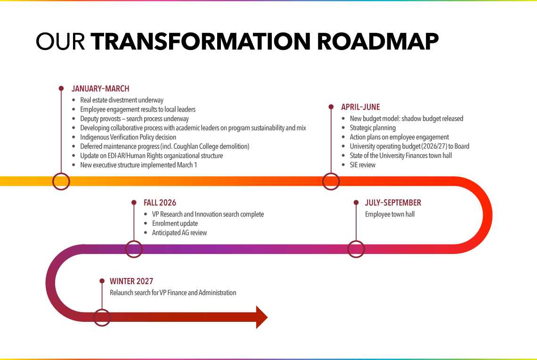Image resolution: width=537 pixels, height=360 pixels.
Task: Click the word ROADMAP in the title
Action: (x=378, y=41)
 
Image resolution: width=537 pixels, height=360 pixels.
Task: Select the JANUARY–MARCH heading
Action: (x=100, y=89)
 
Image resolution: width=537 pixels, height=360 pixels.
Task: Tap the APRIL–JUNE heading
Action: (x=360, y=107)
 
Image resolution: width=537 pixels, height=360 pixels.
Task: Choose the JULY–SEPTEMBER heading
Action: (x=393, y=203)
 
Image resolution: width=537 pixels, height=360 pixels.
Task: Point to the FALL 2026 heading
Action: (x=160, y=203)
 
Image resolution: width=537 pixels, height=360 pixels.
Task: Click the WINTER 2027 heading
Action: (x=131, y=281)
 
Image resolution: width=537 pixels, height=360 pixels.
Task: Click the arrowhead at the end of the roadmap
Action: (x=261, y=317)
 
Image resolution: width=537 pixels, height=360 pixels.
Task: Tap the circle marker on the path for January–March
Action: (x=61, y=181)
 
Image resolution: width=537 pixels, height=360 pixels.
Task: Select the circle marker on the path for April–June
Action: (x=331, y=181)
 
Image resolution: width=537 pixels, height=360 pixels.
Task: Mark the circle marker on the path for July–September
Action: (x=356, y=249)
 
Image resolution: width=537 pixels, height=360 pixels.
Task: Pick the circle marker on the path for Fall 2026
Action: (x=134, y=249)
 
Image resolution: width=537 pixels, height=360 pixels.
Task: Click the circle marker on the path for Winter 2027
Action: (x=102, y=317)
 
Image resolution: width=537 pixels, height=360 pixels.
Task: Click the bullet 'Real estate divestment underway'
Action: (x=122, y=100)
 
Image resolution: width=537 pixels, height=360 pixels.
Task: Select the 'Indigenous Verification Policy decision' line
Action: (x=128, y=137)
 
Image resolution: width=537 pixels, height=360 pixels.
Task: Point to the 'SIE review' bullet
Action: (x=362, y=165)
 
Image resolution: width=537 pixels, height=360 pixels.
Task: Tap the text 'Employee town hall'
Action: (x=390, y=214)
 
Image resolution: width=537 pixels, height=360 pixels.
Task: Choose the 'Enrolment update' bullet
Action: (x=175, y=223)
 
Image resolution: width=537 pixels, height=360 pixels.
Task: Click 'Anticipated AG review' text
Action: (x=179, y=233)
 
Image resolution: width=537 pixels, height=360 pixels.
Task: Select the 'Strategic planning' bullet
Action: (x=373, y=128)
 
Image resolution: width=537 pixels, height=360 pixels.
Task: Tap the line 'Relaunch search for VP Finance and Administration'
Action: (x=173, y=293)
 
